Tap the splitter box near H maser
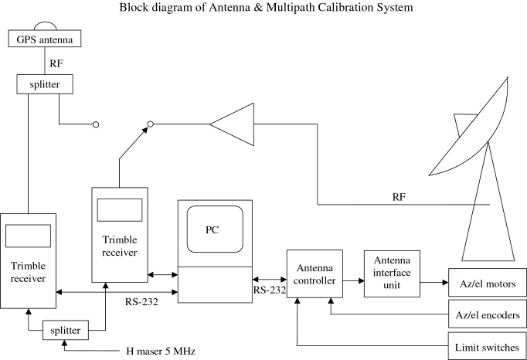[x=65, y=330]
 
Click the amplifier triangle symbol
[x=229, y=123]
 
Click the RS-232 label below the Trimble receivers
[x=141, y=302]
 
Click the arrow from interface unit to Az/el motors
[x=435, y=283]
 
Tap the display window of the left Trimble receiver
[x=29, y=236]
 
